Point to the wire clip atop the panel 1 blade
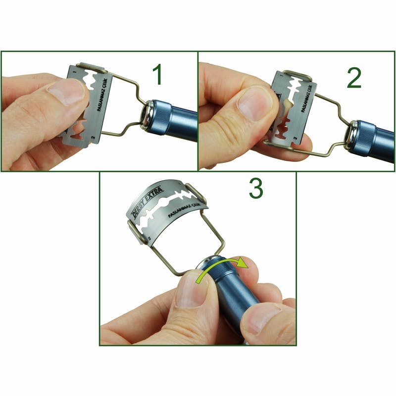coord(92,67)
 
